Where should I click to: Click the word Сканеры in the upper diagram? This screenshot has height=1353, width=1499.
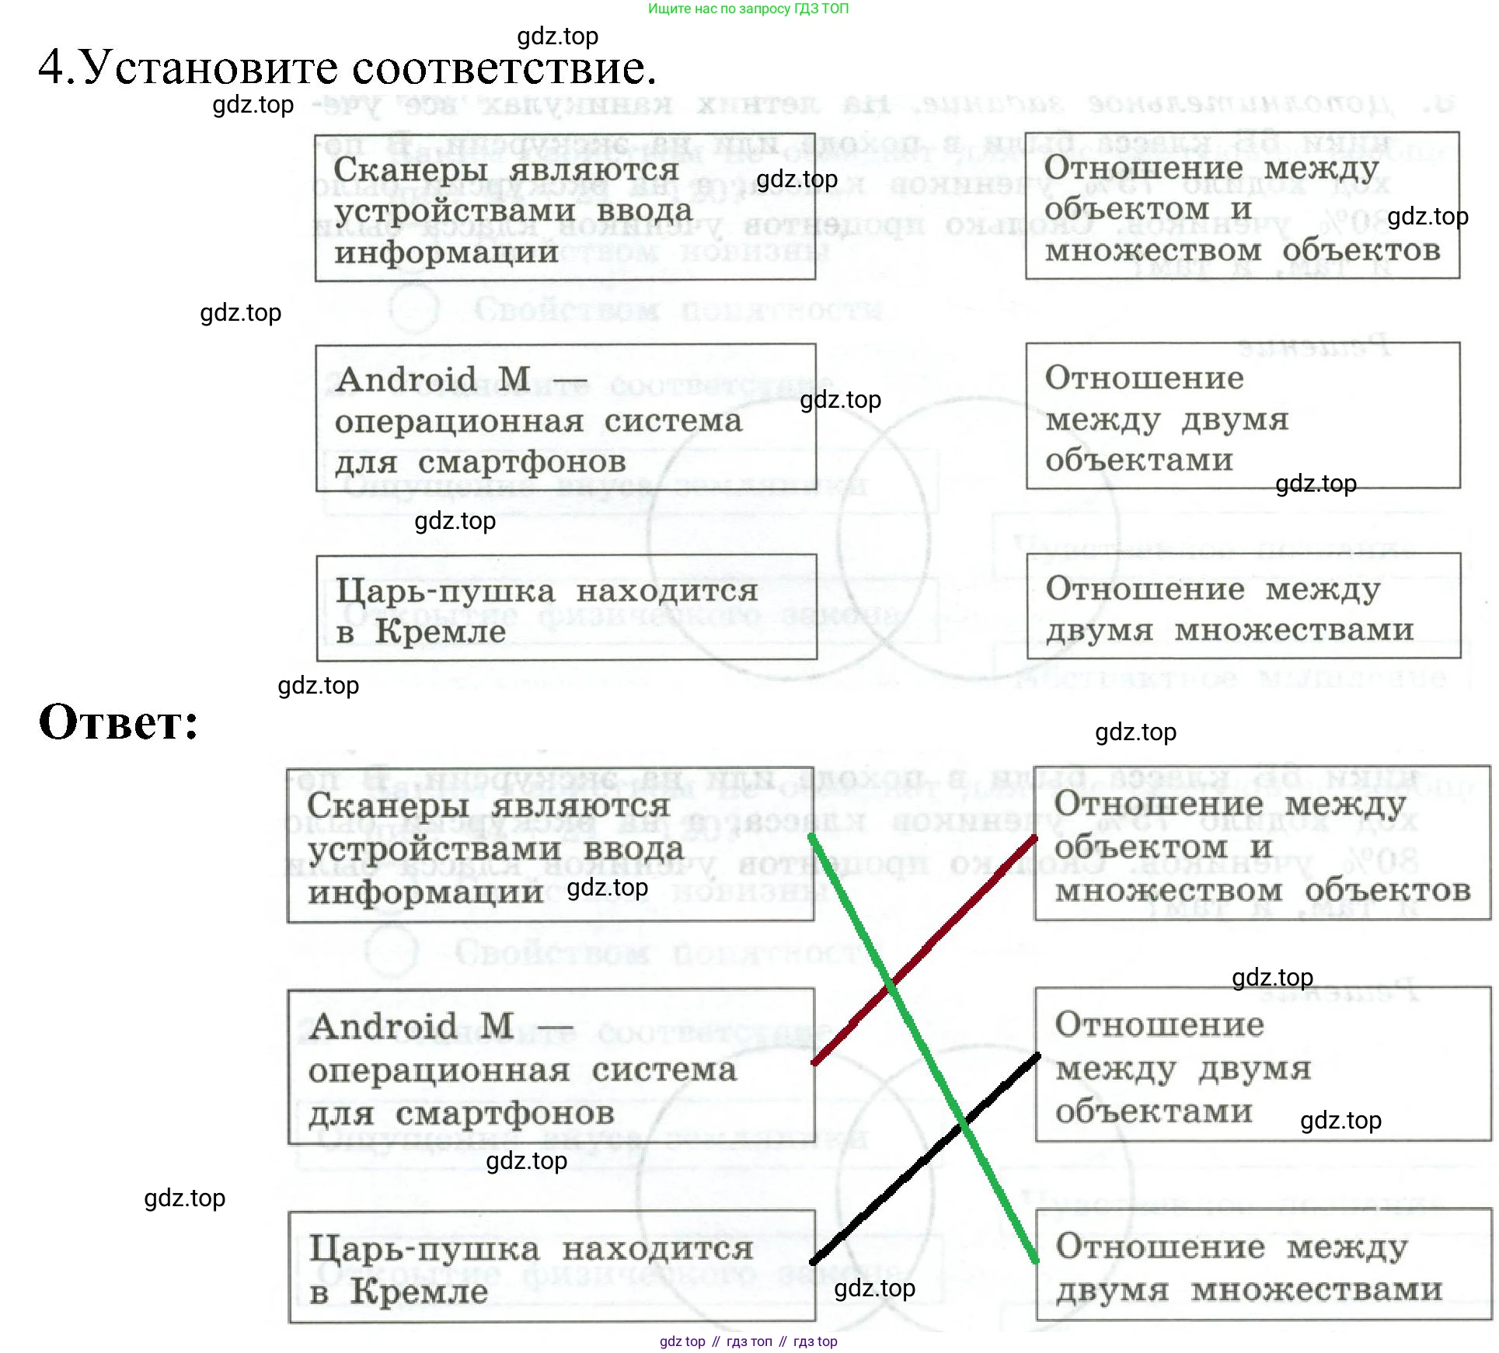click(x=410, y=169)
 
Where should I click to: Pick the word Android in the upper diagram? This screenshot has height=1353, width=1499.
click(x=406, y=380)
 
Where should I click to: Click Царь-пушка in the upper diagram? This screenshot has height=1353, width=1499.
click(x=445, y=591)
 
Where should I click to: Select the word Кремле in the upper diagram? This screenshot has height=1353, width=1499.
click(x=440, y=631)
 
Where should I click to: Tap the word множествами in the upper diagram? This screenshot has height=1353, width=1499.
click(x=1293, y=631)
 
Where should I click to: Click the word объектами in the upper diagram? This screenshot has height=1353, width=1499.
click(x=1138, y=461)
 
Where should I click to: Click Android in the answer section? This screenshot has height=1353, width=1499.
click(x=382, y=1027)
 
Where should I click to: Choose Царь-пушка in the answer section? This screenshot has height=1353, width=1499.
click(x=424, y=1249)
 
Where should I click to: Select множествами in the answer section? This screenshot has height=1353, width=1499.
click(x=1316, y=1290)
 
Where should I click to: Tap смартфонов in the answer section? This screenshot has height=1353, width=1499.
click(x=504, y=1114)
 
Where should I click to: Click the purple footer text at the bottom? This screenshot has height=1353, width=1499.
click(x=748, y=1341)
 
